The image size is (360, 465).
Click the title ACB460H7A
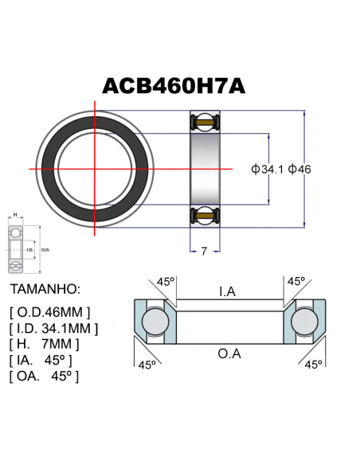174,86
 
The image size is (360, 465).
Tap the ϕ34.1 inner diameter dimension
268,169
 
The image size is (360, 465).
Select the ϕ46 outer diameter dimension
300,169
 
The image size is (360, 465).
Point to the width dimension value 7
204,251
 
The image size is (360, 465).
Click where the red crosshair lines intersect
96,169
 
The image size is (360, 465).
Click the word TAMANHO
46,288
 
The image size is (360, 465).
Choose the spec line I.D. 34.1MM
54,327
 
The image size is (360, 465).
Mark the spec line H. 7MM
45,344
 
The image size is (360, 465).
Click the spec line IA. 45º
45,360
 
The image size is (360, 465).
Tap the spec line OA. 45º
45,376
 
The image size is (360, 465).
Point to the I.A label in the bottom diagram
227,291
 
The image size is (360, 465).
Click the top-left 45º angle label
165,282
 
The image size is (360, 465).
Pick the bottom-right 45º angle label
312,364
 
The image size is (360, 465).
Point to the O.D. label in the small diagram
45,249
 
